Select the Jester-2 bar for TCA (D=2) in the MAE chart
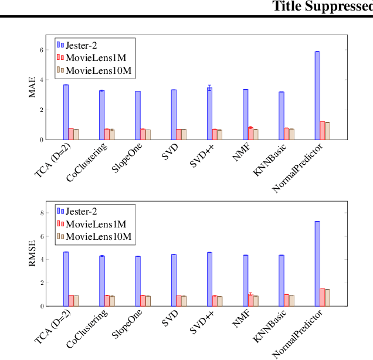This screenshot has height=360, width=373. click(66, 112)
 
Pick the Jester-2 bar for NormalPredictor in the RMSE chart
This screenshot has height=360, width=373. click(317, 263)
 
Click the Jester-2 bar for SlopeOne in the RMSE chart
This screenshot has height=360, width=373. click(138, 281)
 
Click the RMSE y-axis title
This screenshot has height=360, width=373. click(32, 253)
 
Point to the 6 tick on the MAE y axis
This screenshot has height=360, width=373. click(42, 50)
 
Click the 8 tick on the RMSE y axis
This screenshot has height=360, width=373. click(42, 213)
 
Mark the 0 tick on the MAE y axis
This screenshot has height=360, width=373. click(42, 140)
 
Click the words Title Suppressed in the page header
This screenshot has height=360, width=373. click(323, 6)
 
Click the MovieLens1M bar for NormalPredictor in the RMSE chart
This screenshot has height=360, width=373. click(323, 297)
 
